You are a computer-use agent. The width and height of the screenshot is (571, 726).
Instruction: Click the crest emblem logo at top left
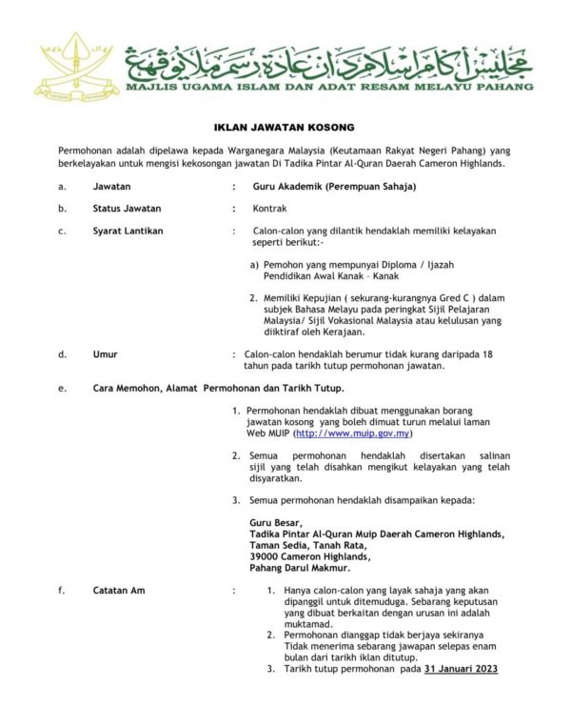tap(68, 59)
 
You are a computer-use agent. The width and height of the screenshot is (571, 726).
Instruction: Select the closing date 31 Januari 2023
tap(461, 669)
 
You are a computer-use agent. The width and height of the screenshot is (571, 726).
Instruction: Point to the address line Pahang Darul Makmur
tap(297, 568)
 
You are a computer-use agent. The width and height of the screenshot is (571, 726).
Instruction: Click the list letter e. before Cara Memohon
tap(61, 389)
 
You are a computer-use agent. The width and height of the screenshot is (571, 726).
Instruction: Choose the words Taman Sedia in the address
tap(276, 546)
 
